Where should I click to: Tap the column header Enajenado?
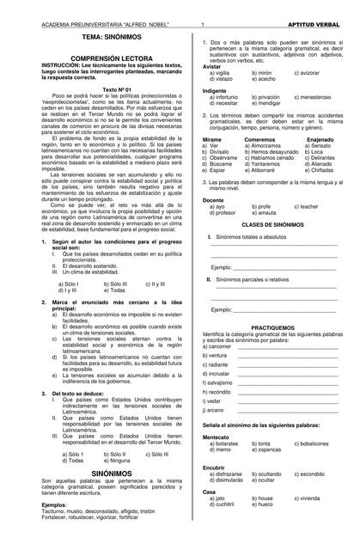(x=320, y=139)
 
